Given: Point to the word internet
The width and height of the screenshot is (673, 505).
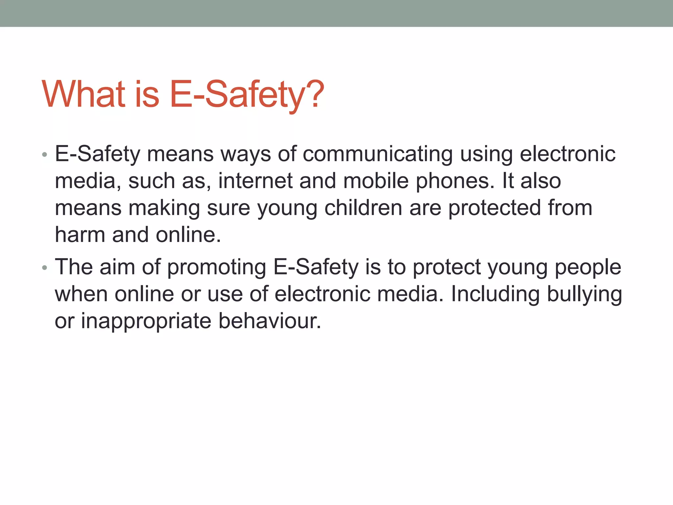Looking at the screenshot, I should tap(255, 181).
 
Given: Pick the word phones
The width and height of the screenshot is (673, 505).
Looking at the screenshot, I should tap(455, 182).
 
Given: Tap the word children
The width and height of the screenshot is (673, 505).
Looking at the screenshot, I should tap(363, 208).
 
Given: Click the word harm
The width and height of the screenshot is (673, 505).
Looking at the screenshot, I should tap(80, 235).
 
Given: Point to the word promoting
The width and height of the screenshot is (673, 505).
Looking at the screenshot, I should tap(217, 267).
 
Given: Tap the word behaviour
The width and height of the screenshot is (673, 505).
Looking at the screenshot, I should tap(269, 321).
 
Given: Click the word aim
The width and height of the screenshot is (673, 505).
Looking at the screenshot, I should tap(117, 267).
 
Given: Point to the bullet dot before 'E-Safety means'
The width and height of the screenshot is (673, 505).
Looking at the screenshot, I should tap(45, 155).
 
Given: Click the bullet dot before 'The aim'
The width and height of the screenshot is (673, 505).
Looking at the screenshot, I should tap(45, 268).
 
